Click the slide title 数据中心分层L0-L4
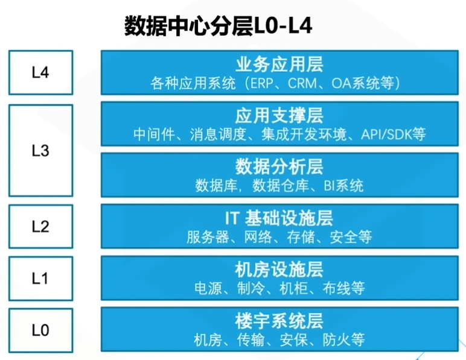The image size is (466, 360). (x=218, y=26)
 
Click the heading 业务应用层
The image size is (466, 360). (x=279, y=65)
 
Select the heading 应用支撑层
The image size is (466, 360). (x=279, y=115)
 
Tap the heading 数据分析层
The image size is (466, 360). (x=279, y=166)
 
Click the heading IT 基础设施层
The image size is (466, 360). (x=279, y=218)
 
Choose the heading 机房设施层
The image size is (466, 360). (x=279, y=270)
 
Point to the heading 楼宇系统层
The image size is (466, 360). (x=279, y=321)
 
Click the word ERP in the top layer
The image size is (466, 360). (x=261, y=83)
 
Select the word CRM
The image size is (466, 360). (x=302, y=83)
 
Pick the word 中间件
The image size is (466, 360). (x=154, y=134)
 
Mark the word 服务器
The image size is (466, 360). (x=208, y=237)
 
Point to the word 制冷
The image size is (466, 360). (x=251, y=288)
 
